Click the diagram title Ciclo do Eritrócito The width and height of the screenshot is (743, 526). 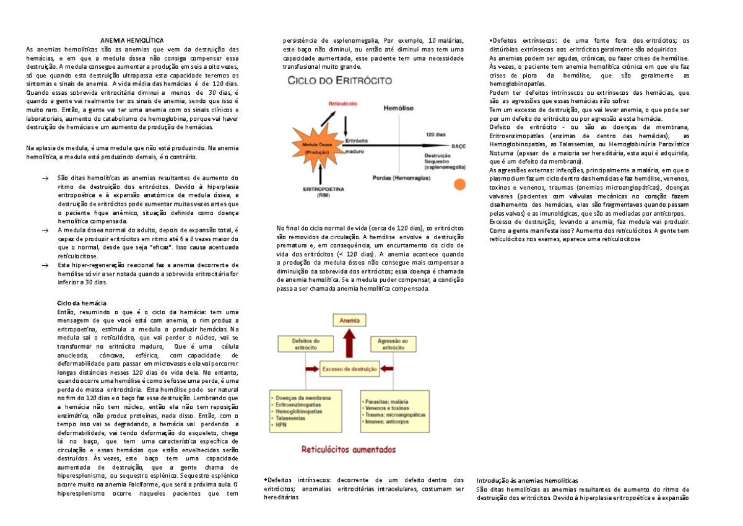[336, 80]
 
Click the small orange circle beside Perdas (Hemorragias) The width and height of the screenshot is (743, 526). [458, 184]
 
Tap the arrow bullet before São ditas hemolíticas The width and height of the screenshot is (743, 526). [44, 178]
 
